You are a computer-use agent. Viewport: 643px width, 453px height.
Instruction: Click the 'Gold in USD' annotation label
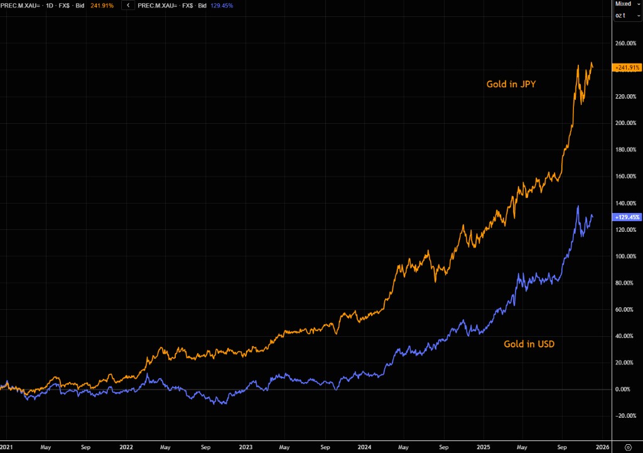[529, 344]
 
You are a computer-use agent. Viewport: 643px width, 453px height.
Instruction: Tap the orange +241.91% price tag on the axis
[625, 67]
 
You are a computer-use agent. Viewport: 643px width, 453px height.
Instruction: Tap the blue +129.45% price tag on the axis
[625, 217]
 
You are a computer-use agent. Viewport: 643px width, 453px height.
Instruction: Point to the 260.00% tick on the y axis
[625, 43]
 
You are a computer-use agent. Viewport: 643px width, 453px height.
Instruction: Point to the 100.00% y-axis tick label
[625, 256]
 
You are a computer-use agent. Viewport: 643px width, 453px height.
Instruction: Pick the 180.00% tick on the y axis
[625, 150]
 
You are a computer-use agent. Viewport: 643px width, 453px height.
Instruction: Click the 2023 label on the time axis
[246, 448]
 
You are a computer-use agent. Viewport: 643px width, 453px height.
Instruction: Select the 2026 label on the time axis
[602, 448]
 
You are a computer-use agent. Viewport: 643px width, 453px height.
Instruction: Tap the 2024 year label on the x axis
[365, 448]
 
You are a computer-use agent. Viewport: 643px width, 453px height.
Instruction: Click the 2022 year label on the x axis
[126, 448]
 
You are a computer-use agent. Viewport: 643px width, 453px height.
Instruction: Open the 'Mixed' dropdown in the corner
[625, 4]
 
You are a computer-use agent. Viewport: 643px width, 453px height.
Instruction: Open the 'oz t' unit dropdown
[622, 15]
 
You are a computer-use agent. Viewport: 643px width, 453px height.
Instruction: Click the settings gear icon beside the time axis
[627, 447]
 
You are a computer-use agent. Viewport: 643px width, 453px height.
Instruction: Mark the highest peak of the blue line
[578, 206]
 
